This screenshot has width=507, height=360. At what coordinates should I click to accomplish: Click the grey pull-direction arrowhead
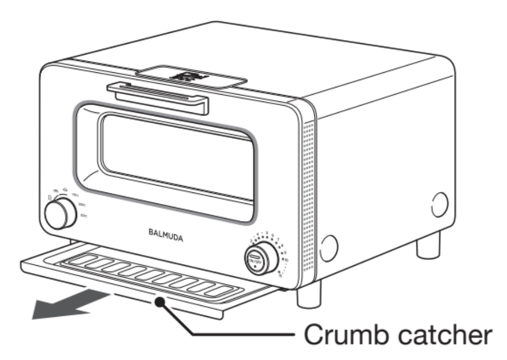pyautogui.click(x=49, y=309)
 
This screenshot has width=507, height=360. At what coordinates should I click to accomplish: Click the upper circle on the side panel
pyautogui.click(x=439, y=204)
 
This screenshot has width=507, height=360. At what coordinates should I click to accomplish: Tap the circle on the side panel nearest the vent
pyautogui.click(x=328, y=248)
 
